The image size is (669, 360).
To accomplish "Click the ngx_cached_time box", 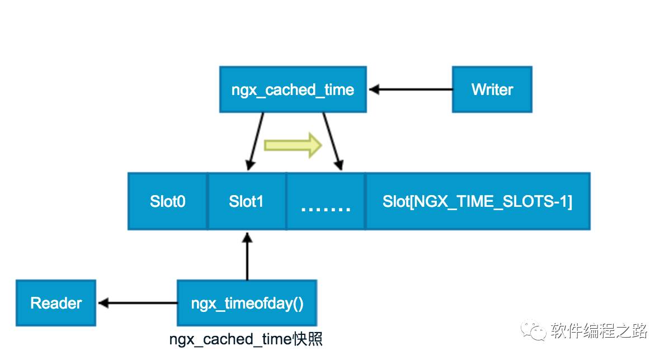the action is (x=293, y=89).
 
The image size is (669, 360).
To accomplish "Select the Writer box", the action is (x=492, y=89).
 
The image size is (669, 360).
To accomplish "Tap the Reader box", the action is (x=56, y=303).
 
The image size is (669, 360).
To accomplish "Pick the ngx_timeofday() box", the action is (x=247, y=303).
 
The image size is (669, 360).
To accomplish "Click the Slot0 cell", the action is (x=168, y=201).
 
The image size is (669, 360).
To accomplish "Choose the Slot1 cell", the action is (x=247, y=201).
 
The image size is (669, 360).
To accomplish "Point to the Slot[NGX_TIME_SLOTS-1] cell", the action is (x=478, y=201).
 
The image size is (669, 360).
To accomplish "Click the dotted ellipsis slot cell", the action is (x=326, y=201).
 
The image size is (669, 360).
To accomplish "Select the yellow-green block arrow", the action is (x=293, y=145).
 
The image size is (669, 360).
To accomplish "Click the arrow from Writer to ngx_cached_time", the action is (x=411, y=89).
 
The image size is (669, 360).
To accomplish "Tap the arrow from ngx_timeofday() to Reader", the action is (x=138, y=304).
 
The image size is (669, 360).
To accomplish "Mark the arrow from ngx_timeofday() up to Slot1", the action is (x=247, y=257).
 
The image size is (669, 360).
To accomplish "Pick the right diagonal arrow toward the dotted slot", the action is (x=332, y=141).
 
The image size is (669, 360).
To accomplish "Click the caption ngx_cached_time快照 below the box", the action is (x=246, y=339).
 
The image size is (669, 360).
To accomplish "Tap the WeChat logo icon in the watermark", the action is (x=533, y=330).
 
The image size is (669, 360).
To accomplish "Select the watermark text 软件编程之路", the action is (x=599, y=330).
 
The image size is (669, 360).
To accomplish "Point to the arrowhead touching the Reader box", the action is (x=103, y=304).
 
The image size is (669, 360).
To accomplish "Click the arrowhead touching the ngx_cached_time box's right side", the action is (x=374, y=89).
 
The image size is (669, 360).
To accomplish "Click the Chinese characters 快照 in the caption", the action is (x=307, y=339).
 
